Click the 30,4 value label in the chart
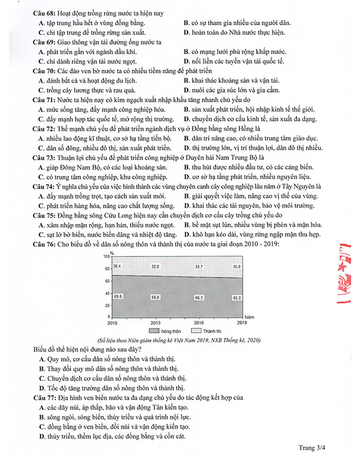[x=117, y=266]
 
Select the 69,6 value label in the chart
[x=117, y=297]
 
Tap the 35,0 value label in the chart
[x=236, y=267]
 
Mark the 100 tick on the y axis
[x=106, y=256]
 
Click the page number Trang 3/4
[x=312, y=448]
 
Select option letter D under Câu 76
[x=42, y=388]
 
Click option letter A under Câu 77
[x=42, y=407]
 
